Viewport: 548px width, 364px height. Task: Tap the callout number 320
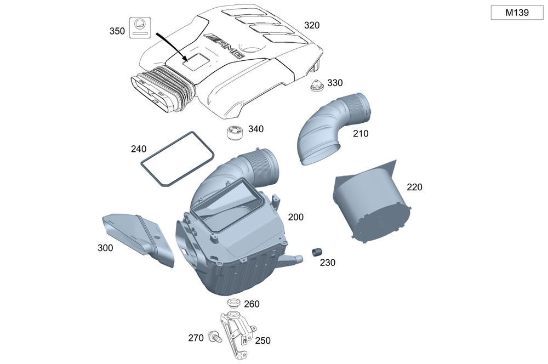(x=312, y=25)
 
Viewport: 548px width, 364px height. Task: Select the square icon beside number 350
(x=140, y=27)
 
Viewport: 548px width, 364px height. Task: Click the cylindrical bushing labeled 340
(x=236, y=133)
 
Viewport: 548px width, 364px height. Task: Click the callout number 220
(x=414, y=187)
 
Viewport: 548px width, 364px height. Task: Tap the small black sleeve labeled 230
(x=316, y=253)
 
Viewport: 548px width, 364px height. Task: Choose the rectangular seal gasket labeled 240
(x=176, y=157)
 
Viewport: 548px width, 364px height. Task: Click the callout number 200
(x=295, y=218)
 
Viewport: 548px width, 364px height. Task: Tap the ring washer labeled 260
(x=233, y=304)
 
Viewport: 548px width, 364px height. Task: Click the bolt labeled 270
(x=213, y=338)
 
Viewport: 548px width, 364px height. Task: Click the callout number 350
(x=117, y=31)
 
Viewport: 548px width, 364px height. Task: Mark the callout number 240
(x=138, y=149)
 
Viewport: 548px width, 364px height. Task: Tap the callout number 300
(x=105, y=248)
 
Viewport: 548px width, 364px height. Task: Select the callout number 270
(x=196, y=338)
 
